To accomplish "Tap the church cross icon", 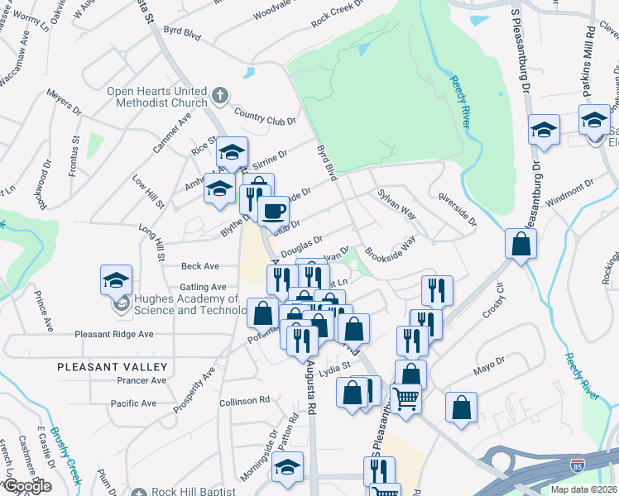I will click(219, 96).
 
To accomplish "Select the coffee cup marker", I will click(272, 211).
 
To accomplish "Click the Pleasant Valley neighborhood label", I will click(113, 366).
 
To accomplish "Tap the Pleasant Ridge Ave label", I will click(114, 334).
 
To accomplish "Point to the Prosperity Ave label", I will click(195, 389).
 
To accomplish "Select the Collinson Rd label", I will click(245, 400).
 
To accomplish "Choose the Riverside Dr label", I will click(458, 210).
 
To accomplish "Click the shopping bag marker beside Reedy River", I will click(521, 244).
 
